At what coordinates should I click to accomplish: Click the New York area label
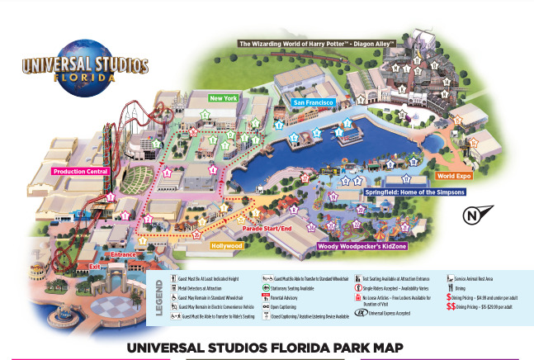[x=224, y=98]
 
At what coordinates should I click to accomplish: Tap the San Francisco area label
[x=313, y=102]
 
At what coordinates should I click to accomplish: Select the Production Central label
[x=80, y=172]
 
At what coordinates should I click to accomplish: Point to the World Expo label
[x=453, y=176]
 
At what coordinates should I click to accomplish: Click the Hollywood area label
[x=226, y=245]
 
